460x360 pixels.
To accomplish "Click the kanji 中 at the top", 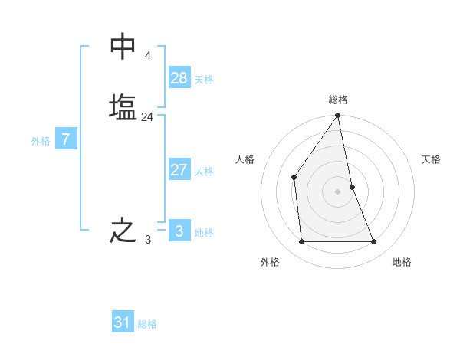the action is [123, 47].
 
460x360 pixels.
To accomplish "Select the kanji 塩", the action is [123, 106].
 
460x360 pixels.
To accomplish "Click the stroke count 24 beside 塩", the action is [147, 117].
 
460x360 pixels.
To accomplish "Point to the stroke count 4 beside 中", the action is [147, 56].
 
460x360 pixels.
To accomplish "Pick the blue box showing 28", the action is [179, 78].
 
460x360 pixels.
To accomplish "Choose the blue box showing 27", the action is [179, 170].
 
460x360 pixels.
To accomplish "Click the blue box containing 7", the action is [66, 139].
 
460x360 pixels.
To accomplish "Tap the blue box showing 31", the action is [123, 322].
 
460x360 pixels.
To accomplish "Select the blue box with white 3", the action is [179, 231].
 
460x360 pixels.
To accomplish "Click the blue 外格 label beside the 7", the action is [41, 141].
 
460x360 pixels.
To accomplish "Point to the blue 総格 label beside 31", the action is [147, 324].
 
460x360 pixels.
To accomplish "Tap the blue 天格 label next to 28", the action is [204, 80].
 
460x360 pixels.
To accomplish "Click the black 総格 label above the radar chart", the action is [338, 100].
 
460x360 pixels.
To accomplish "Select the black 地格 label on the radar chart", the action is [402, 262].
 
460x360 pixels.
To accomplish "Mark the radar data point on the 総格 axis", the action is [338, 116].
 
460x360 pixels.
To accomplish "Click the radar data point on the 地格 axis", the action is [374, 242].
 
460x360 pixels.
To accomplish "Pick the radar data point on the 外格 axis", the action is [301, 242].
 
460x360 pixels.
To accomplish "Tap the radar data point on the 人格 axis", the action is [294, 178].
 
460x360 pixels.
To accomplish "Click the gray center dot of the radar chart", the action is [338, 191].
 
